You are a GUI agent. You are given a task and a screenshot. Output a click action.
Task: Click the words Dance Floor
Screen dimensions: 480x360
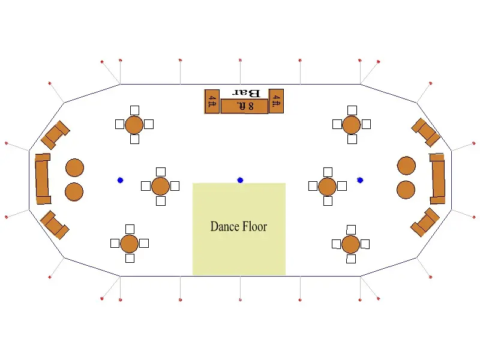coord(238,227)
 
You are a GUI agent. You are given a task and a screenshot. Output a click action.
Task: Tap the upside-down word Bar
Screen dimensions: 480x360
coord(247,93)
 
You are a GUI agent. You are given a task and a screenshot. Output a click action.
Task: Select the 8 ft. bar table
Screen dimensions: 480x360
coord(244,106)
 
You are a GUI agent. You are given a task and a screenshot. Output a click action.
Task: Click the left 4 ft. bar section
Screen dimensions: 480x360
coord(212,101)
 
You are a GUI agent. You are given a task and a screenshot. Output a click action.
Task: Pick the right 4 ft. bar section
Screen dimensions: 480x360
coord(276,101)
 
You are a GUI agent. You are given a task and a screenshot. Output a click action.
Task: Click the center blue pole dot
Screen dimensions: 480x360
coord(241,181)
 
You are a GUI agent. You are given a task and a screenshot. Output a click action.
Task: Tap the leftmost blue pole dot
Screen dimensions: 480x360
coord(121,181)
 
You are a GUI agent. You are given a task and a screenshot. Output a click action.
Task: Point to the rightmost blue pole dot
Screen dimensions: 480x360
coord(360,181)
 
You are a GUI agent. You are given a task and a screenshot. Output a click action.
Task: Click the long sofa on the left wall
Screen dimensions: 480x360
coord(42,179)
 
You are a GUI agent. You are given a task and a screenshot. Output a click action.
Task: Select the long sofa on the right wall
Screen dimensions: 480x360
coord(438,179)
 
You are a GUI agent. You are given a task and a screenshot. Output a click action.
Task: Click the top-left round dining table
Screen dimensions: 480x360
coord(134,125)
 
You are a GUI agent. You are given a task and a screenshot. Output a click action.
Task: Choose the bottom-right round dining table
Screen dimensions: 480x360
coord(350,244)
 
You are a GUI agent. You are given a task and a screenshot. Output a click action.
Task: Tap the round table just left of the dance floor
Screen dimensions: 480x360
coord(160,186)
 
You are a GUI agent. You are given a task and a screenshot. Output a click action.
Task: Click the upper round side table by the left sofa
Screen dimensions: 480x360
coord(74,168)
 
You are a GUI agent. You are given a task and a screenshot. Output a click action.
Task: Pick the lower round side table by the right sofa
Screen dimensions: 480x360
coord(406,190)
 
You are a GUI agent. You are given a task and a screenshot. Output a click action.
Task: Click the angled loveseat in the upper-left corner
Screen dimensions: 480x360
coord(55,135)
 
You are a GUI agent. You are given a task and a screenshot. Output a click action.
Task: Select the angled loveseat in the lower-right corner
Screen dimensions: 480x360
coord(425,222)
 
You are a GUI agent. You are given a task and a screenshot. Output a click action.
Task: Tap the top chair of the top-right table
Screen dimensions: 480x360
coord(352,110)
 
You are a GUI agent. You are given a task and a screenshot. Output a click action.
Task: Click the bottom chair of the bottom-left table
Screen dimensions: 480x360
coord(130,258)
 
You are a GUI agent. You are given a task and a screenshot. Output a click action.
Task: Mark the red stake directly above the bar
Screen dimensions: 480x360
coord(241,60)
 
